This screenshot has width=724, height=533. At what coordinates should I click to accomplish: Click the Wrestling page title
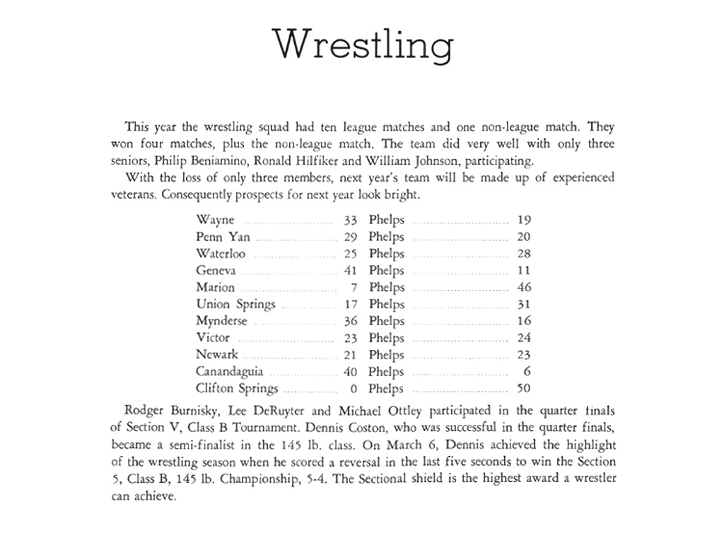point(363,45)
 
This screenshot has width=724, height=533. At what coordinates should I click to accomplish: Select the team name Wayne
point(215,220)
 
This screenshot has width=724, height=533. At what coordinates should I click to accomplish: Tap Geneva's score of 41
point(350,271)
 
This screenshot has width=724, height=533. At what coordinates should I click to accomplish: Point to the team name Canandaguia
point(230,372)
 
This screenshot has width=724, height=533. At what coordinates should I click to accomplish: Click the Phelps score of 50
point(524,388)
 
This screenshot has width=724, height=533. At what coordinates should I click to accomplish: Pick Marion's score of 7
point(353,288)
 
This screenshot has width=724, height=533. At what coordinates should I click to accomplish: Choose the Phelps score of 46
point(524,288)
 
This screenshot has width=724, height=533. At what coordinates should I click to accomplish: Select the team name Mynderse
point(221,321)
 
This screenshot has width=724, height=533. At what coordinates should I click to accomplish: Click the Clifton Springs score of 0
point(353,388)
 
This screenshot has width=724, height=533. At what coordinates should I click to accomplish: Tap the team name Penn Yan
point(223,237)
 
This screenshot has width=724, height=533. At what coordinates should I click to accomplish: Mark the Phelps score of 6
point(527,372)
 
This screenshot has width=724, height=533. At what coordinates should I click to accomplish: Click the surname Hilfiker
point(279,160)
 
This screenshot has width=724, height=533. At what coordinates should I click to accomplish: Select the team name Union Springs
point(235,305)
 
